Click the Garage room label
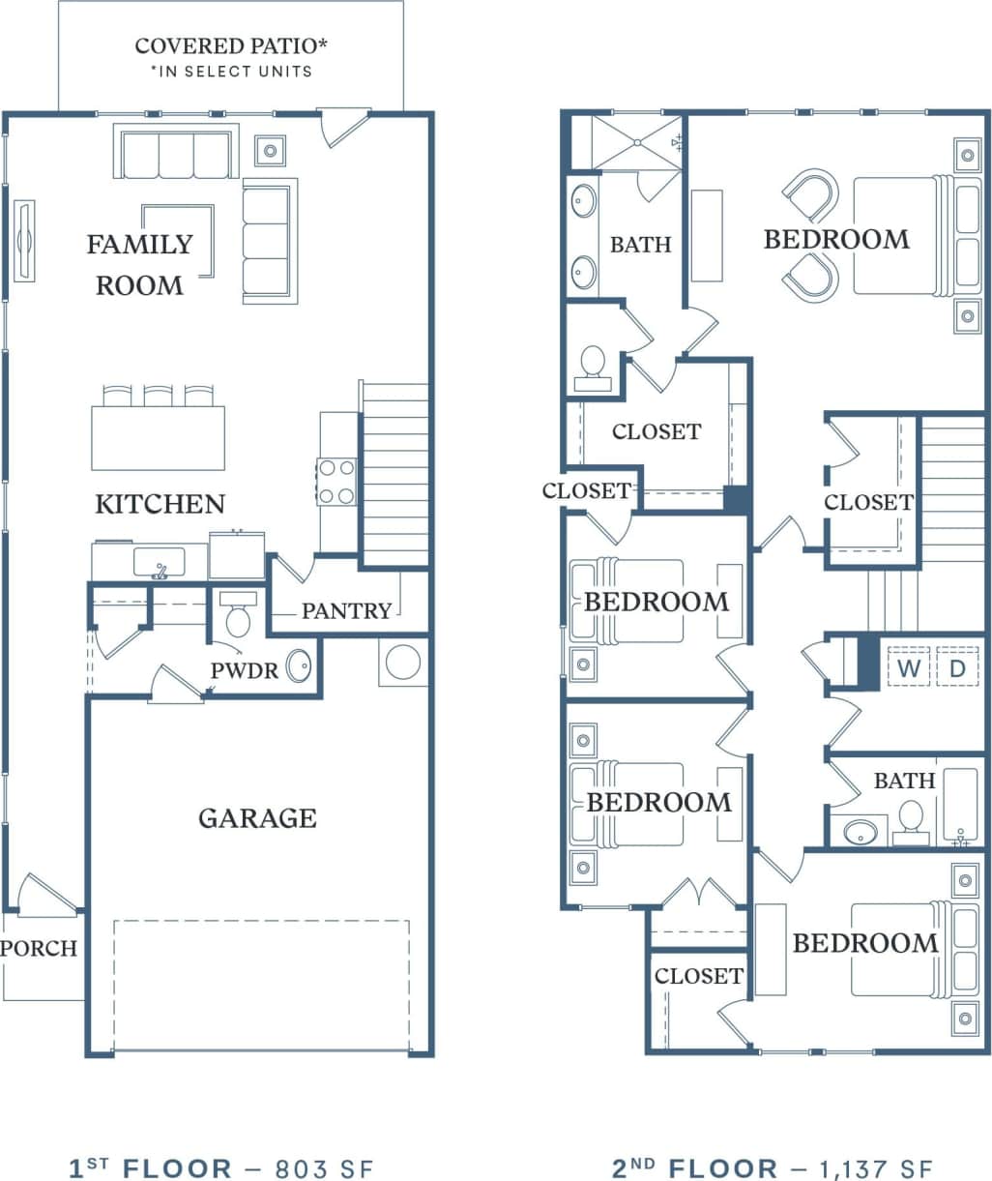(257, 818)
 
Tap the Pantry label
(346, 610)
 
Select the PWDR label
(245, 670)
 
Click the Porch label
(39, 949)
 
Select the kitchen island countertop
(159, 438)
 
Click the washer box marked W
(908, 667)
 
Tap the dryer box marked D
(957, 667)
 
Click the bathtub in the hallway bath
(961, 808)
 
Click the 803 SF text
(324, 1167)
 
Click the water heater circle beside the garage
(402, 663)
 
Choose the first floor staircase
(394, 474)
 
